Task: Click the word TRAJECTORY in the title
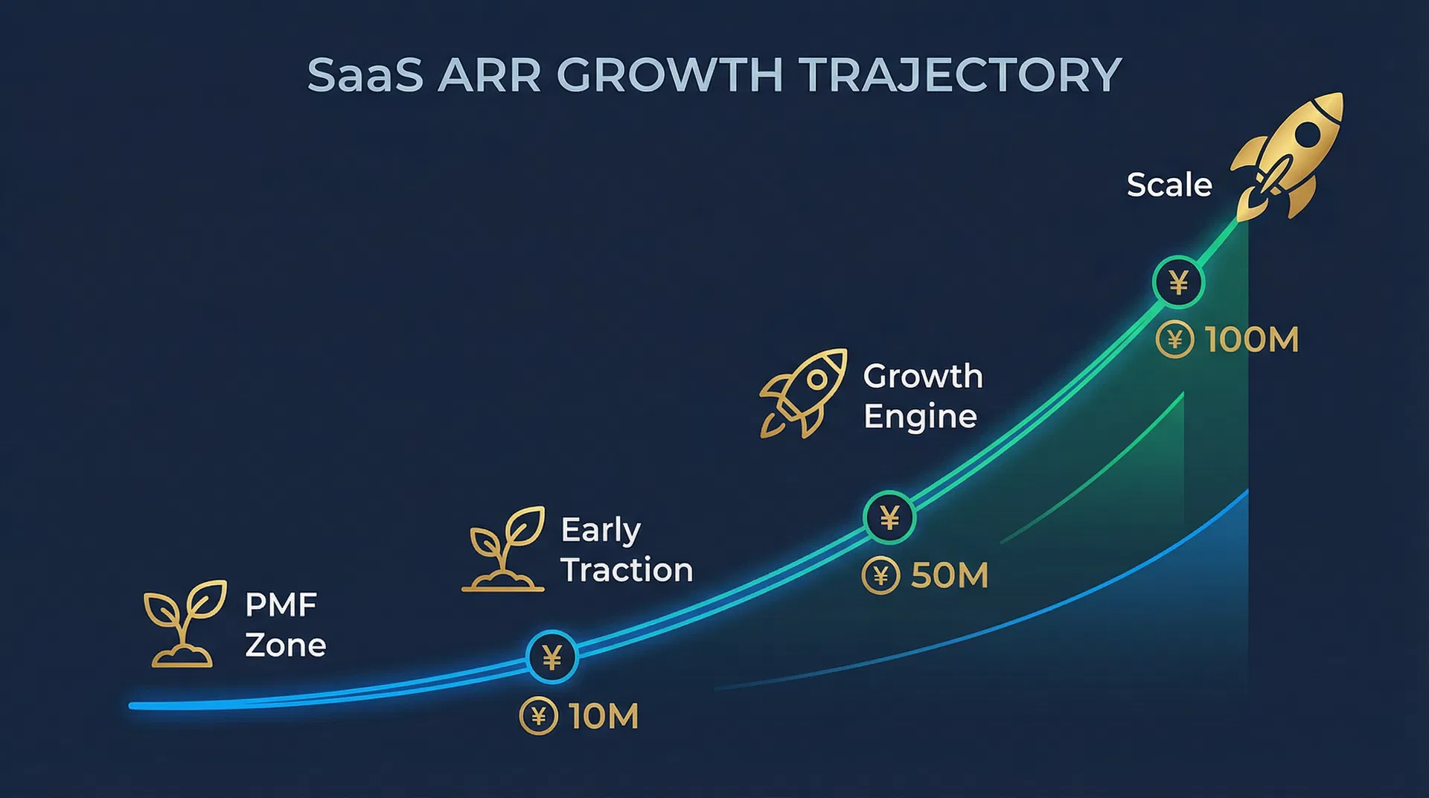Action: pos(960,75)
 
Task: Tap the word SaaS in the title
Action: pos(365,75)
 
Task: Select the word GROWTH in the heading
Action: pos(670,75)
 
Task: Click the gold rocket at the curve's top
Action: pos(1286,156)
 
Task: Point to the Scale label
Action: pos(1169,185)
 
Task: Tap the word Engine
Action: pos(920,417)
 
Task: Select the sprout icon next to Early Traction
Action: pos(504,549)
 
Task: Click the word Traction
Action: pos(627,570)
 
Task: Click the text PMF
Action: pos(281,605)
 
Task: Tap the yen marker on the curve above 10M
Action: pos(552,657)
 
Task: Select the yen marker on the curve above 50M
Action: pos(889,517)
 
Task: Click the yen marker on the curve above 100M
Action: pos(1178,282)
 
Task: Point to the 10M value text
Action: pos(604,716)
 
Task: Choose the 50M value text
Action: pos(950,575)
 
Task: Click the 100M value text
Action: pos(1252,340)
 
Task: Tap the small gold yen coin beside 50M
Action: pos(880,575)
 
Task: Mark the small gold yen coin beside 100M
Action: pos(1175,339)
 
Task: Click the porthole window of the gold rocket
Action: pos(1308,135)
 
